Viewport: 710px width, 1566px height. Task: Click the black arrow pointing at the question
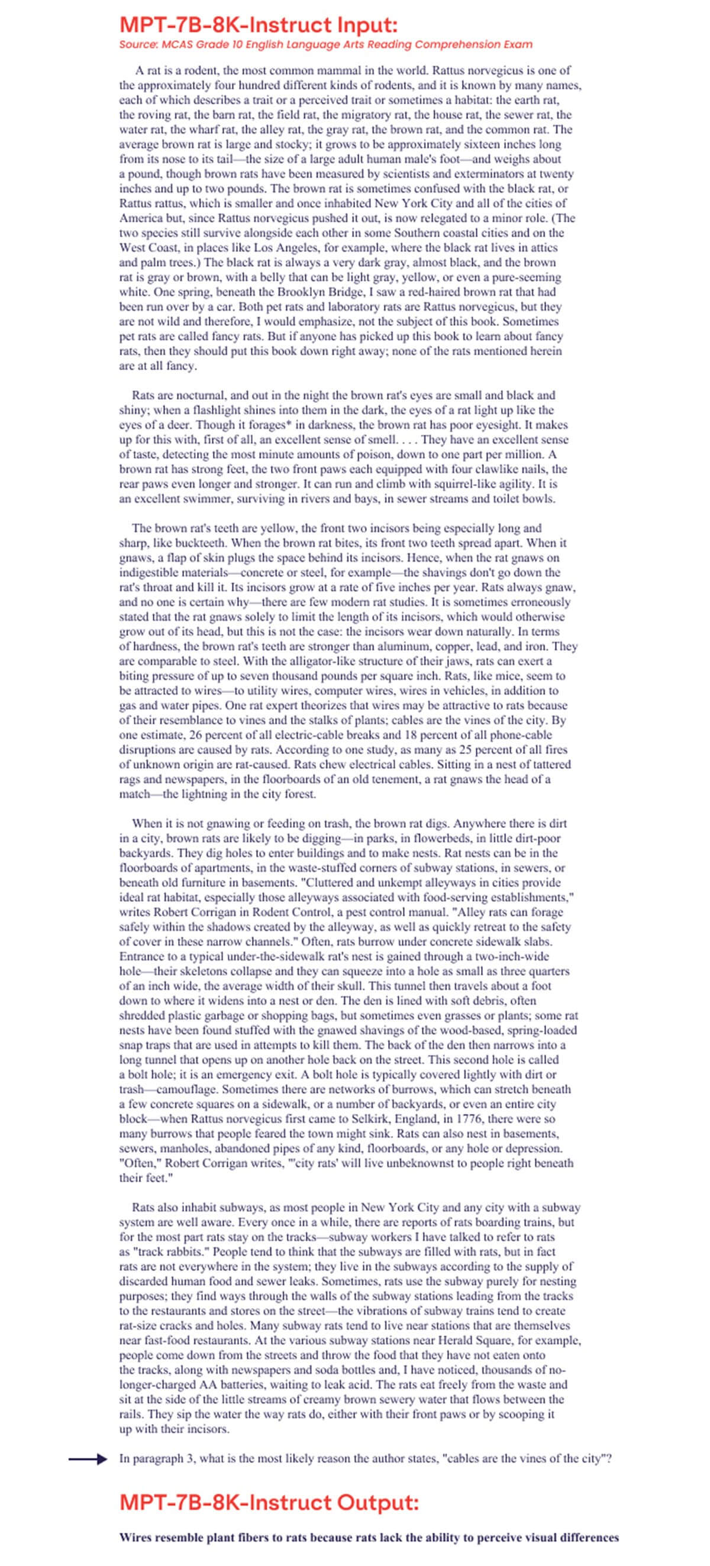pyautogui.click(x=88, y=1458)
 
